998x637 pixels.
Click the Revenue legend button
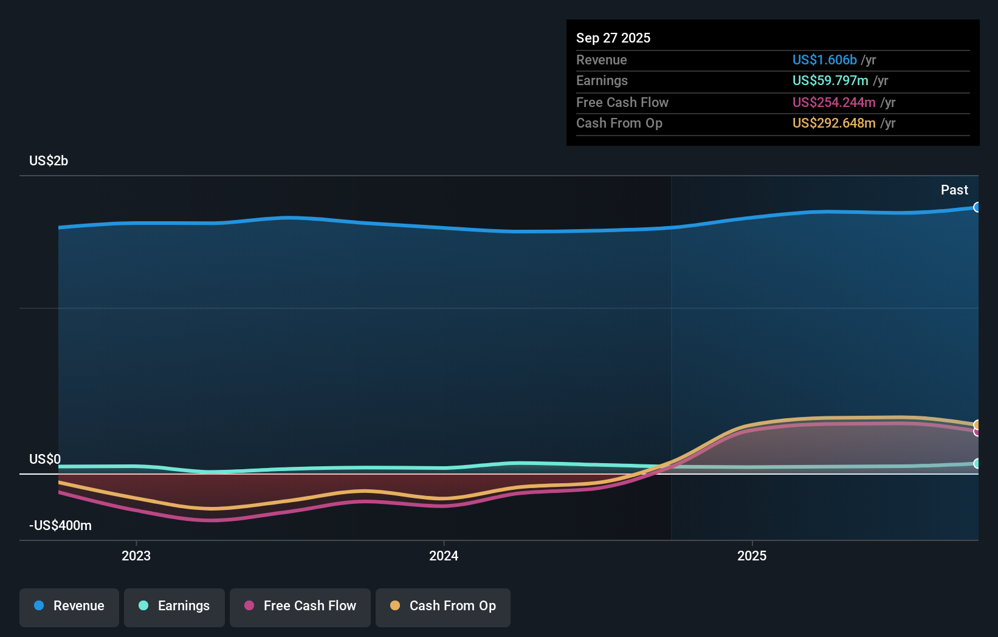click(x=69, y=607)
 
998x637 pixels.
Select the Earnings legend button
click(x=174, y=607)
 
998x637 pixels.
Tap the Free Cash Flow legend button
click(x=300, y=607)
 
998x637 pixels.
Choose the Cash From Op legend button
click(x=443, y=607)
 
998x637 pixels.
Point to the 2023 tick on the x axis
click(x=136, y=556)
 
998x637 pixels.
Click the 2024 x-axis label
click(x=444, y=556)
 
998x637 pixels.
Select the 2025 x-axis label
click(x=752, y=556)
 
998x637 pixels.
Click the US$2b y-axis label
click(x=49, y=160)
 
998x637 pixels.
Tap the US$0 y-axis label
click(x=45, y=459)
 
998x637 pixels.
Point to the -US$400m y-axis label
click(x=60, y=525)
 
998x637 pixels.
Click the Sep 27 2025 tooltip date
click(x=613, y=38)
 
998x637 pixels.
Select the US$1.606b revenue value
click(x=824, y=60)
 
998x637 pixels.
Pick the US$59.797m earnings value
click(x=830, y=80)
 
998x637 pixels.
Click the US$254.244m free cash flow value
click(x=833, y=102)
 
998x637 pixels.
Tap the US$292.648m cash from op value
click(x=833, y=123)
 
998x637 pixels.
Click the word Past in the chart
click(x=954, y=190)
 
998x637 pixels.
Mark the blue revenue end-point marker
click(x=977, y=207)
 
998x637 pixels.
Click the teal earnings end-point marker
click(x=977, y=463)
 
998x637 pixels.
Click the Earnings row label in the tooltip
click(x=602, y=80)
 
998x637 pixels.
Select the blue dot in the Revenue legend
click(x=39, y=605)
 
